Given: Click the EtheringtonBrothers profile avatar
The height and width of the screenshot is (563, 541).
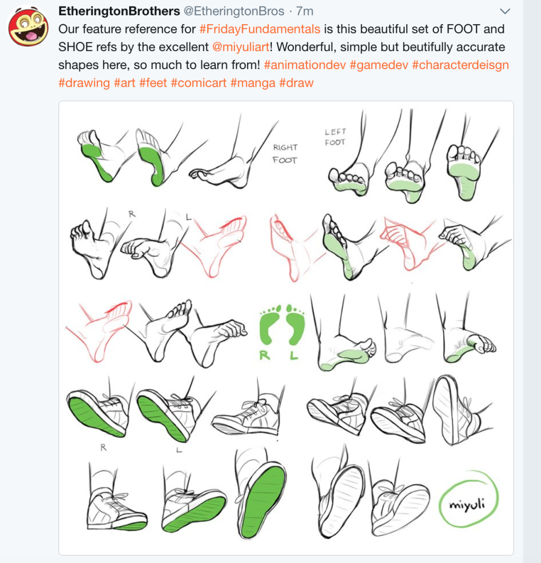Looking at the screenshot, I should click(x=28, y=27).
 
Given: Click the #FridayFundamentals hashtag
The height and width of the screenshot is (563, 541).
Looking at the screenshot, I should click(x=260, y=29).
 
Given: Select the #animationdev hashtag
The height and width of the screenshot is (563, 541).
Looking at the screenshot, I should click(x=304, y=65).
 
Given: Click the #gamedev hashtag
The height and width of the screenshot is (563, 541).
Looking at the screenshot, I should click(x=378, y=65).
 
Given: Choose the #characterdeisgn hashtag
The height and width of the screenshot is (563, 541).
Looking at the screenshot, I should click(x=460, y=65).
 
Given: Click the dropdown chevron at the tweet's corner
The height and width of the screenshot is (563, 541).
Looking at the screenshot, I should click(x=505, y=12).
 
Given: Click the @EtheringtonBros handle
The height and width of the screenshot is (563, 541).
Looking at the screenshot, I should click(x=233, y=11).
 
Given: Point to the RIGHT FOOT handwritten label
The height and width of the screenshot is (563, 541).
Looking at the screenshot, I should click(x=285, y=154).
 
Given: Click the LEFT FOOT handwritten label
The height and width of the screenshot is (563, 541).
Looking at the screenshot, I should click(x=335, y=137).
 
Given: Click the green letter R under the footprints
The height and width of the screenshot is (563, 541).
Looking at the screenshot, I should click(x=265, y=356).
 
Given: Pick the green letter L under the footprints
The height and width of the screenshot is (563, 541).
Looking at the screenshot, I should click(x=294, y=356).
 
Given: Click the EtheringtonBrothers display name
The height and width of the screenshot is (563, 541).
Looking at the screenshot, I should click(x=119, y=11).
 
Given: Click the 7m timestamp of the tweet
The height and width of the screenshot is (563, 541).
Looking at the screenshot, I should click(x=304, y=11).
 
